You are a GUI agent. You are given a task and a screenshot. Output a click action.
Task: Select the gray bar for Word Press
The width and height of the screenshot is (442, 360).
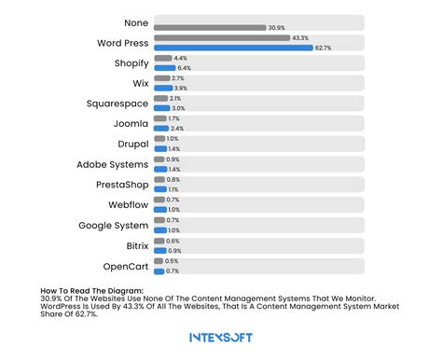(220, 37)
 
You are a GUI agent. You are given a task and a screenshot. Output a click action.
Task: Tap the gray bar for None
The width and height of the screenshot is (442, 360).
(209, 27)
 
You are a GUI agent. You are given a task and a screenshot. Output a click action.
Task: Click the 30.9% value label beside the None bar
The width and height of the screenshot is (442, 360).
(276, 27)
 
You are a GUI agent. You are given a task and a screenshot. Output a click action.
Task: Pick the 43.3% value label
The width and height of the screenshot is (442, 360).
(300, 37)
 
